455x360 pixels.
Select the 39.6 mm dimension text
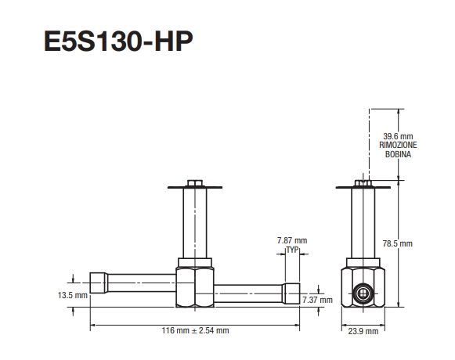388,138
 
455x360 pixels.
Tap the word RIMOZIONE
388,146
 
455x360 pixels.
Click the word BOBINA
388,155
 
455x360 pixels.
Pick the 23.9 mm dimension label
363,331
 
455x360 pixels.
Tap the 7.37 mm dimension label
317,300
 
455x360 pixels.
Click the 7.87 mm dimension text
293,239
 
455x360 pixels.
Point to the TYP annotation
293,249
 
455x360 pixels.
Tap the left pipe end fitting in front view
99,281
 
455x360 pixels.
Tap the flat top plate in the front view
194,188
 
